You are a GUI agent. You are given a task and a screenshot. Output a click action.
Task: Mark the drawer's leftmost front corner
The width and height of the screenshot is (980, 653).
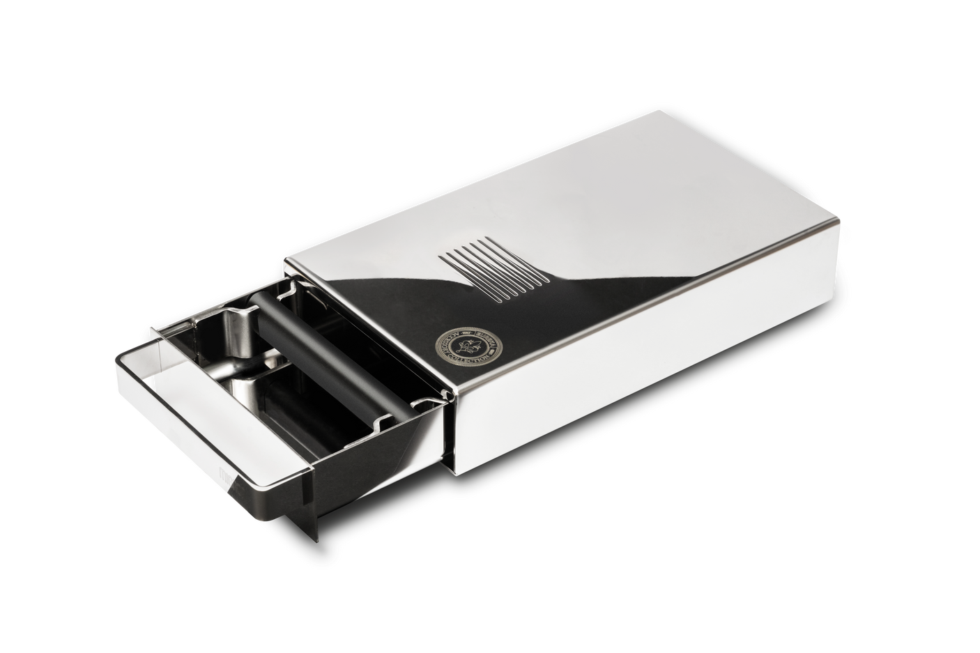pyautogui.click(x=115, y=358)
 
